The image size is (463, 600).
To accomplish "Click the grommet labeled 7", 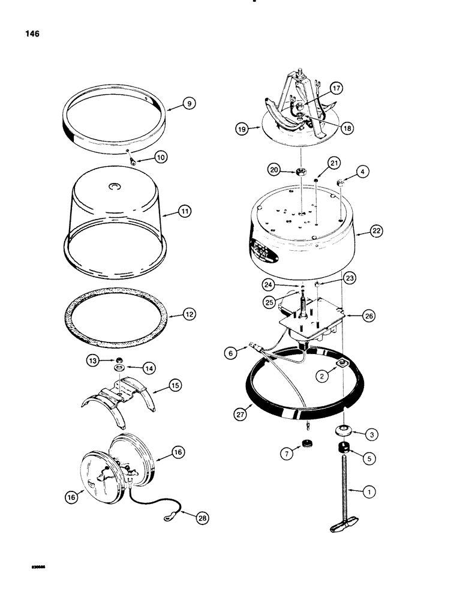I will point(309,443).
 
